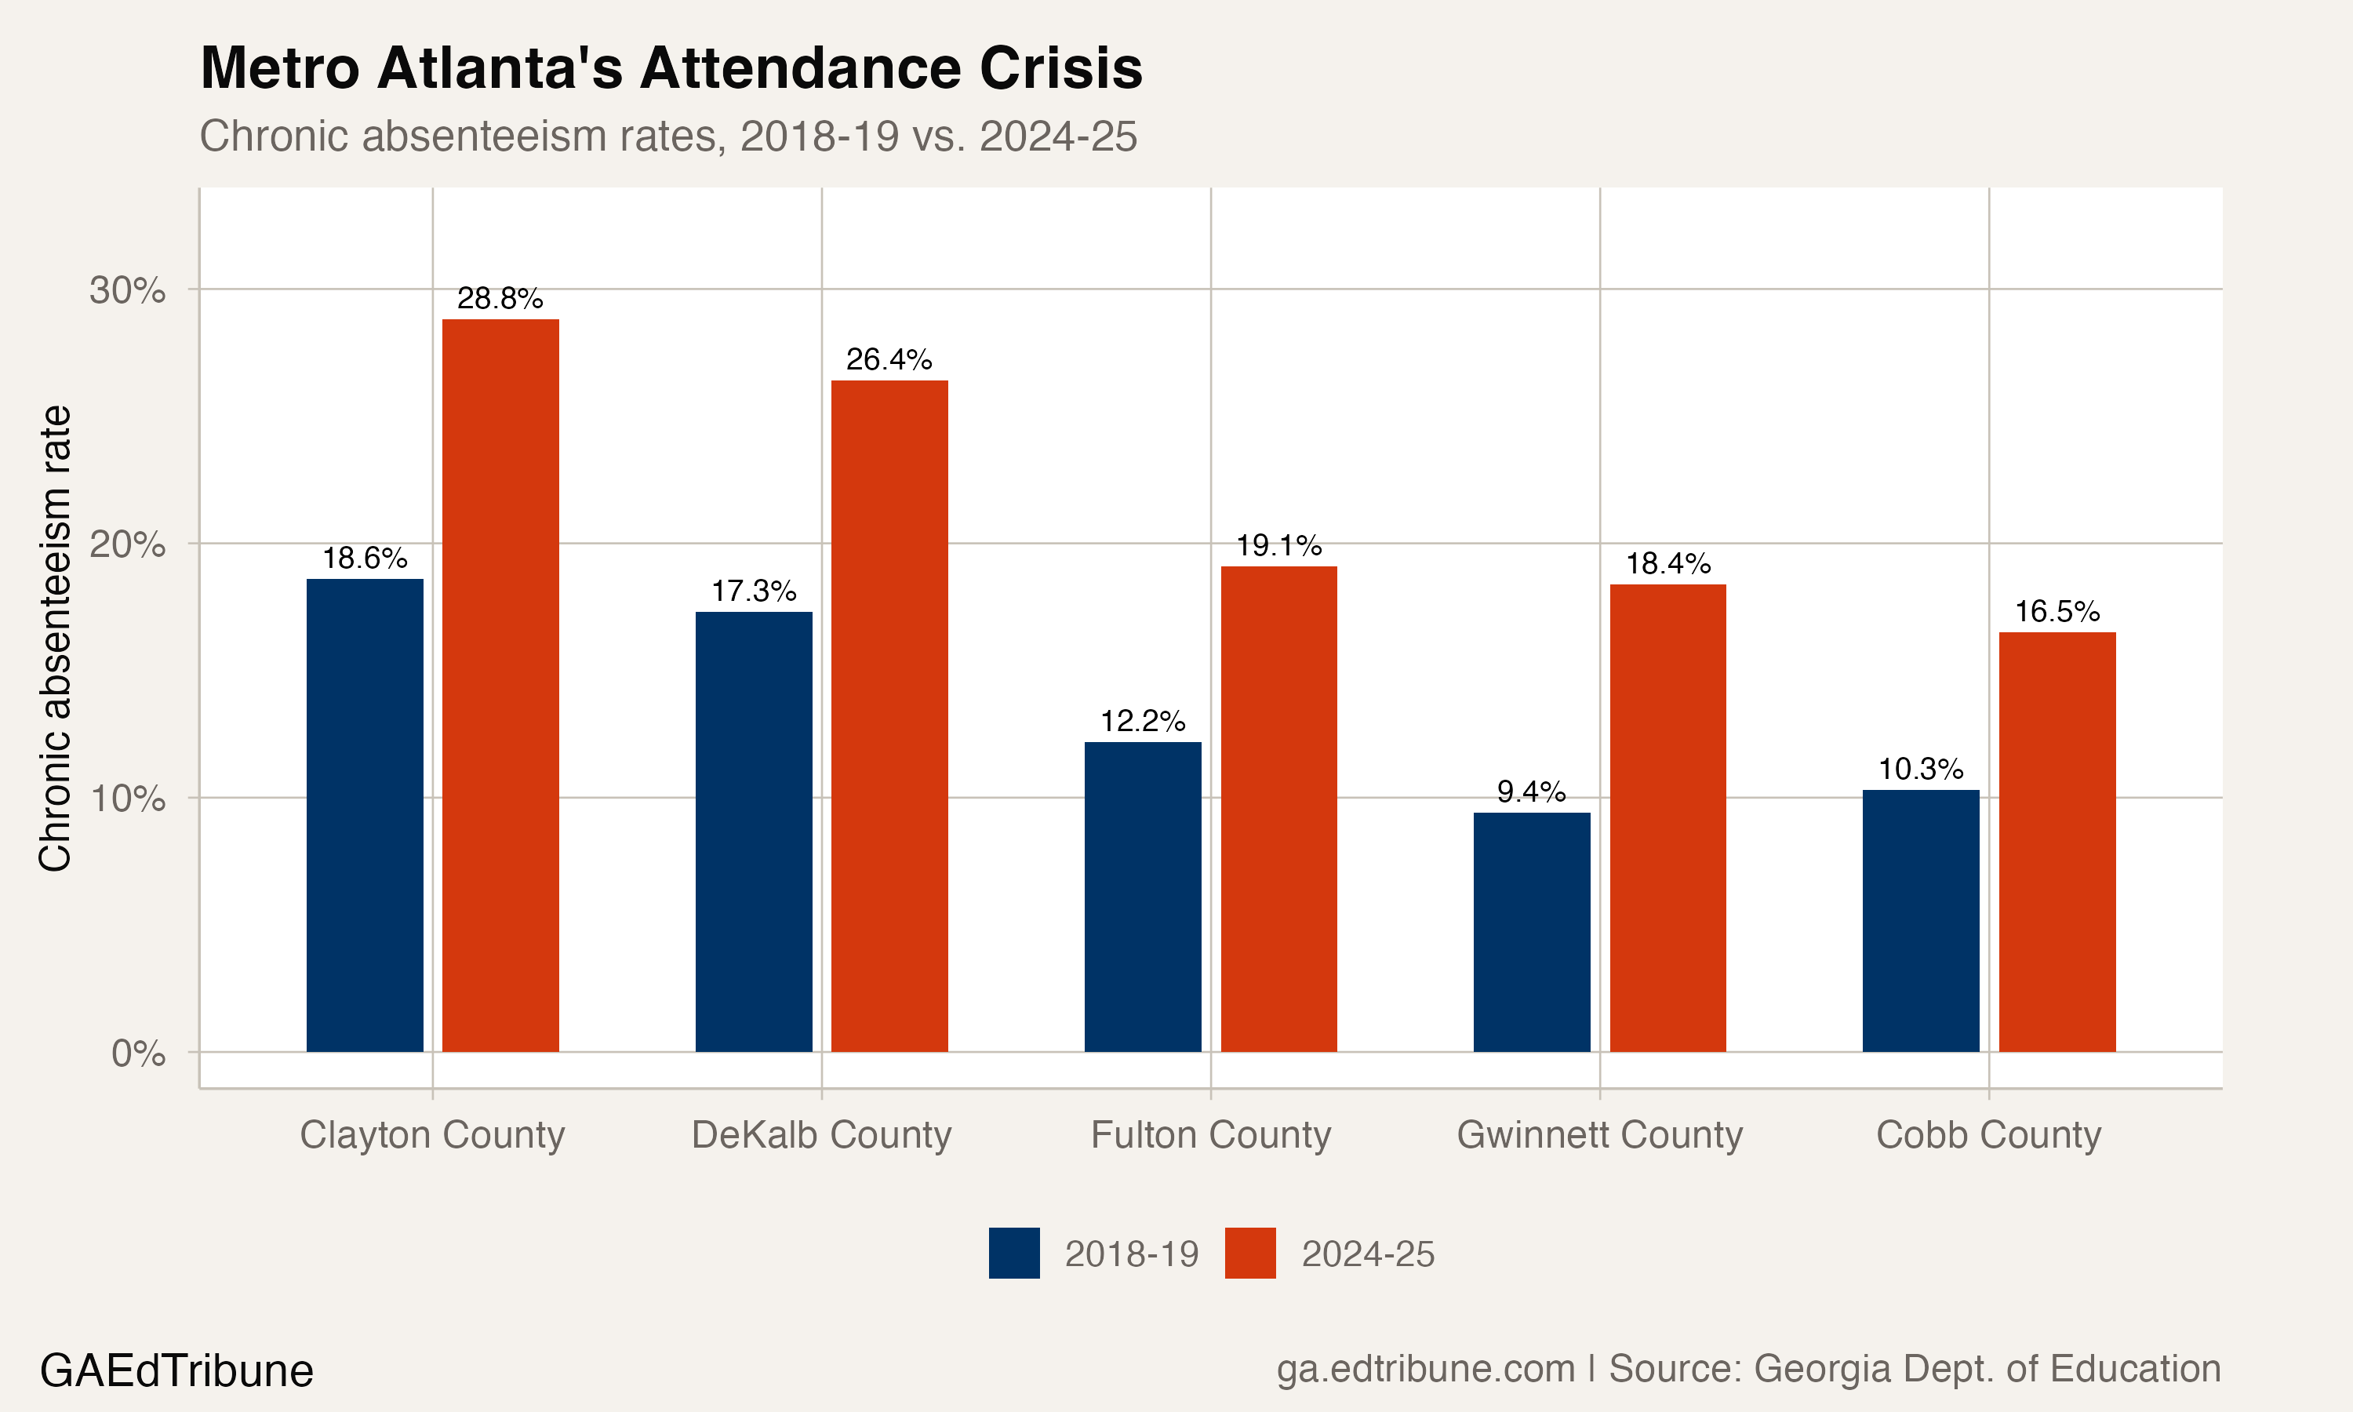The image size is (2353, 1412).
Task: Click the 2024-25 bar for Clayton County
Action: point(500,685)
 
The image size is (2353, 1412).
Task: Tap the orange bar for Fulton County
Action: point(1278,809)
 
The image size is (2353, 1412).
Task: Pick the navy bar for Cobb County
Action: point(1920,920)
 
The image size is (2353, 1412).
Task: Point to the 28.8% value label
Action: point(500,299)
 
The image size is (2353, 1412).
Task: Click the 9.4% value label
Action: point(1530,792)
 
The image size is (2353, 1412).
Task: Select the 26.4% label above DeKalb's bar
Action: point(889,359)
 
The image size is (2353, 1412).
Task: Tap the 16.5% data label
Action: point(2057,612)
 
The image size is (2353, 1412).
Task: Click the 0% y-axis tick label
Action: point(138,1054)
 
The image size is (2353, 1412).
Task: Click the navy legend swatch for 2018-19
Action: point(1014,1253)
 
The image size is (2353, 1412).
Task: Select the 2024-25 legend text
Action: point(1367,1254)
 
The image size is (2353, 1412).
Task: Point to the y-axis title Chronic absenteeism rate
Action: point(55,638)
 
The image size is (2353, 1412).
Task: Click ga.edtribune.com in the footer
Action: point(1424,1369)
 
